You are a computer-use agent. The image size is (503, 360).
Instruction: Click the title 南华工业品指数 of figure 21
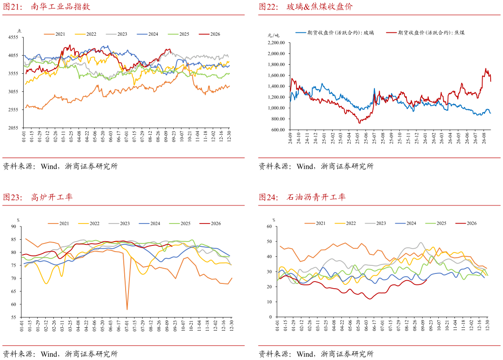[60, 6]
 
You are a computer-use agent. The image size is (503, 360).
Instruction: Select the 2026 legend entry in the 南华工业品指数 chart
[209, 34]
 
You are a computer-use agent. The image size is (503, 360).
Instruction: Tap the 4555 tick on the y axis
[13, 37]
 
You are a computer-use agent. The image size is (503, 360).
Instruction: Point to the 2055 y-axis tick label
[13, 127]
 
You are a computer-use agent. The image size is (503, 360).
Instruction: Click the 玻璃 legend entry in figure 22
[335, 32]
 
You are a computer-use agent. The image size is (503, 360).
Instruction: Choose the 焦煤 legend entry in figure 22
[425, 32]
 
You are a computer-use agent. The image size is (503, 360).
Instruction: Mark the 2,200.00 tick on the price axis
[276, 43]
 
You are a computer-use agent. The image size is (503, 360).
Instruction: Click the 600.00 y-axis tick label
[278, 130]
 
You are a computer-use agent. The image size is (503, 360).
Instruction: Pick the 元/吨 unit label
[273, 35]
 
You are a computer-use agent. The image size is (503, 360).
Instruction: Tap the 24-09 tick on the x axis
[290, 138]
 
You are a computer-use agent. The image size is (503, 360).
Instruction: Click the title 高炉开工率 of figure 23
[52, 197]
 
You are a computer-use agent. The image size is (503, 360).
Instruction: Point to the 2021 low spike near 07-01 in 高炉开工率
[127, 309]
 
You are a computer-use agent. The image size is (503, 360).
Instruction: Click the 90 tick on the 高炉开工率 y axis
[13, 226]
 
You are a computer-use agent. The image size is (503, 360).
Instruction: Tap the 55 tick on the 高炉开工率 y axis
[13, 317]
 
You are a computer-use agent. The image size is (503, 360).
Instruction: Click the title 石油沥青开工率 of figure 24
[316, 197]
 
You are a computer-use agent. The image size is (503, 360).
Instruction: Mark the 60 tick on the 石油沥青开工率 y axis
[269, 226]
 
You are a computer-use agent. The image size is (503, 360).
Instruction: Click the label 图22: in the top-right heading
[268, 6]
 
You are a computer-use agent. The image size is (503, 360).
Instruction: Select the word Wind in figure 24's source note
[305, 354]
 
